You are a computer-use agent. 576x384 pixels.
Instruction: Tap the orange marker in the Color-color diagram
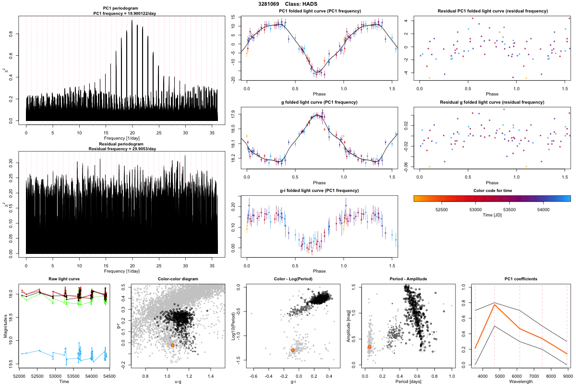pyautogui.click(x=173, y=345)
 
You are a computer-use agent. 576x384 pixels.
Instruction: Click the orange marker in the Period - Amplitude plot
pyautogui.click(x=369, y=347)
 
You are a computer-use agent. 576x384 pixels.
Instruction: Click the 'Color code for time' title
pyautogui.click(x=492, y=191)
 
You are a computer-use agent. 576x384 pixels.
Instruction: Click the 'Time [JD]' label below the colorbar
pyautogui.click(x=492, y=216)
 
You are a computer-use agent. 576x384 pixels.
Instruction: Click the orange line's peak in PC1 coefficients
pyautogui.click(x=494, y=305)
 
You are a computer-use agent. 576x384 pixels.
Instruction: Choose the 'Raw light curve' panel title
pyautogui.click(x=64, y=279)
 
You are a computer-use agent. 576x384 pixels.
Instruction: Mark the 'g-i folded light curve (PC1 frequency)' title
pyautogui.click(x=319, y=191)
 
